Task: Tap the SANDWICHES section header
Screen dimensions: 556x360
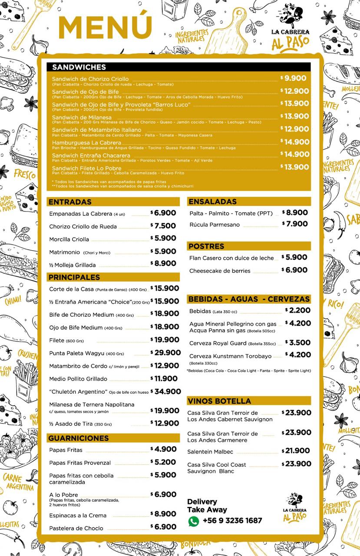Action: (79, 67)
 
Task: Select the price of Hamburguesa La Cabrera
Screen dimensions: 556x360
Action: (294, 142)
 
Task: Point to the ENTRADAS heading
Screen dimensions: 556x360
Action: (70, 202)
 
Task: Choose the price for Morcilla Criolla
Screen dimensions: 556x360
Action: (163, 238)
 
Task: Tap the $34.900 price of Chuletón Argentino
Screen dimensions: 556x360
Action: (165, 391)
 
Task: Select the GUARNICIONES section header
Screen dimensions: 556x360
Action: (79, 438)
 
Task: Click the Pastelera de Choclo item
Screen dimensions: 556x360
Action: (76, 528)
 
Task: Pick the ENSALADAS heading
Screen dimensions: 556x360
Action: (213, 202)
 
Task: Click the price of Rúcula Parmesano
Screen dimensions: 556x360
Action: (295, 224)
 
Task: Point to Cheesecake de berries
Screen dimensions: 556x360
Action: (220, 271)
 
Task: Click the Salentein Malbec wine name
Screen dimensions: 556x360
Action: (210, 452)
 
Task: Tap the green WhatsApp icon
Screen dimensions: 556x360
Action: (193, 521)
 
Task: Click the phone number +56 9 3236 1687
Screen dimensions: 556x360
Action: (232, 521)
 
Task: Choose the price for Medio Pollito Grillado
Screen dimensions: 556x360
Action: (164, 379)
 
